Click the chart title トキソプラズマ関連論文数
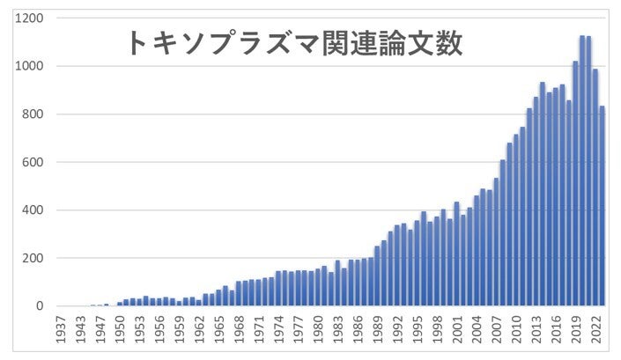pos(294,42)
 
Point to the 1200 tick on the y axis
pos(31,18)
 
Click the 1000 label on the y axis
pos(31,67)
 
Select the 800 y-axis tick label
pos(34,114)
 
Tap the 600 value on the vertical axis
pos(34,163)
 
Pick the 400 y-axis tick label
pos(34,210)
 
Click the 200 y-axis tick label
pos(34,259)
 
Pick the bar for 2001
pos(456,254)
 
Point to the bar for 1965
pos(218,298)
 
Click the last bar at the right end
pos(602,206)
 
